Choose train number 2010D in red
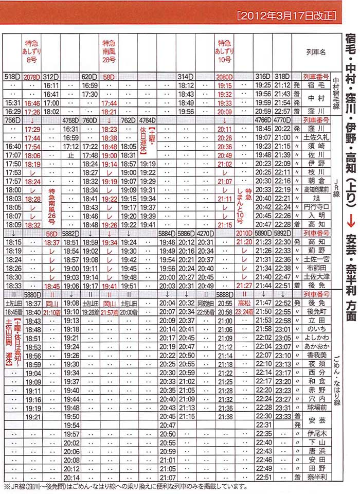click(243, 233)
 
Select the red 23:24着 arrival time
click(244, 312)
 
